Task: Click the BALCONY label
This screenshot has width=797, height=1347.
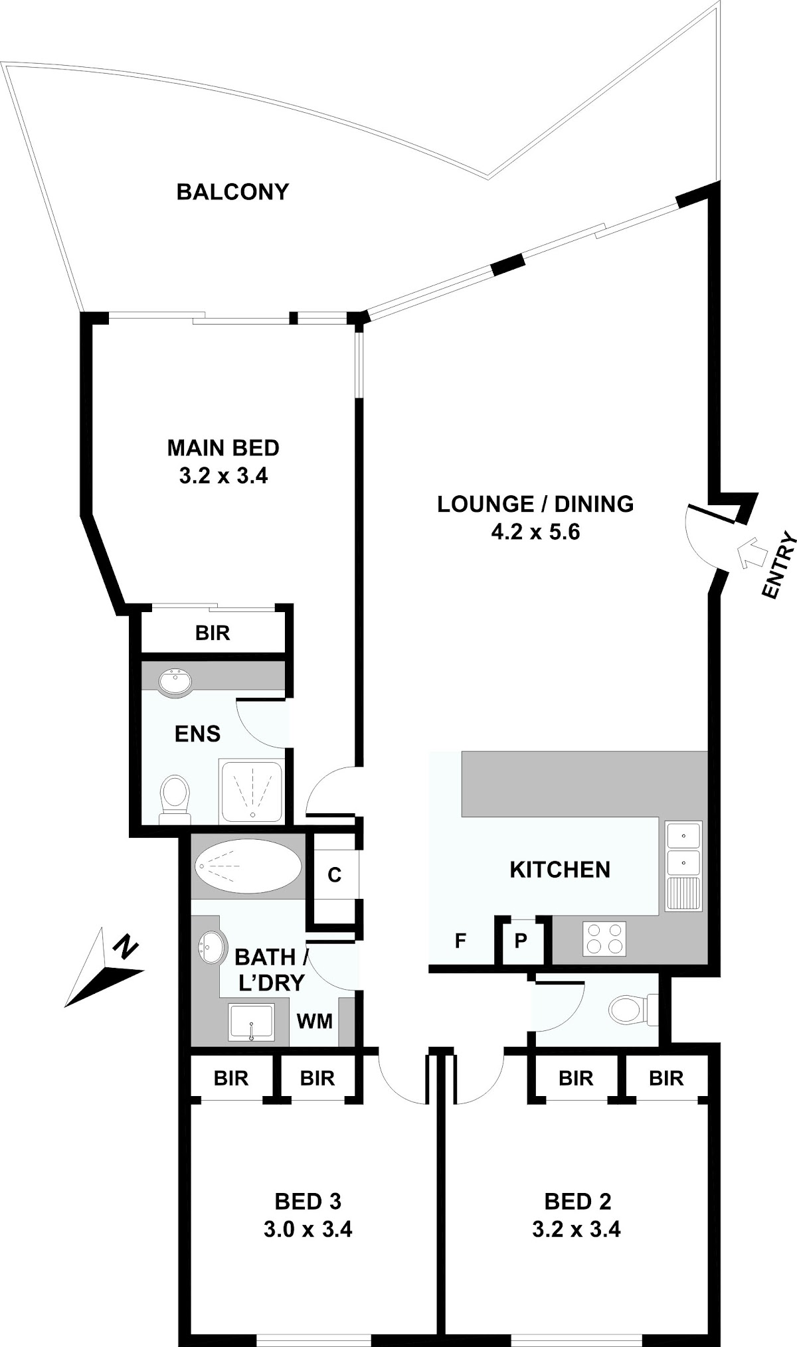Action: pyautogui.click(x=232, y=192)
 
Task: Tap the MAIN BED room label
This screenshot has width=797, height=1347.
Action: pyautogui.click(x=223, y=448)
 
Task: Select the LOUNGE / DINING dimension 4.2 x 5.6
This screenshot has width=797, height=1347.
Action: pyautogui.click(x=535, y=532)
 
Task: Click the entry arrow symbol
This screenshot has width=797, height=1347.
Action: pyautogui.click(x=751, y=552)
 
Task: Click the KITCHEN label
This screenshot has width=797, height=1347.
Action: pyautogui.click(x=560, y=870)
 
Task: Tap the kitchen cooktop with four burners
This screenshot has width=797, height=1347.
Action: pyautogui.click(x=604, y=939)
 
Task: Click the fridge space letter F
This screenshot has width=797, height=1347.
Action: pyautogui.click(x=460, y=941)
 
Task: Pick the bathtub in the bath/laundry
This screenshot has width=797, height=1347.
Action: pyautogui.click(x=248, y=867)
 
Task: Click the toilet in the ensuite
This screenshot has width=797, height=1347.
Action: pyautogui.click(x=175, y=798)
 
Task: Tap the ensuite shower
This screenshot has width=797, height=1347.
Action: pyautogui.click(x=252, y=793)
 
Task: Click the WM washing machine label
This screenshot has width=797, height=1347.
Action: pyautogui.click(x=315, y=1020)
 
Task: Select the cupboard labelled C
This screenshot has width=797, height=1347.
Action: pyautogui.click(x=335, y=875)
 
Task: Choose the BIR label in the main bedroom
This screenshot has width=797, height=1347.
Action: pyautogui.click(x=213, y=633)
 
